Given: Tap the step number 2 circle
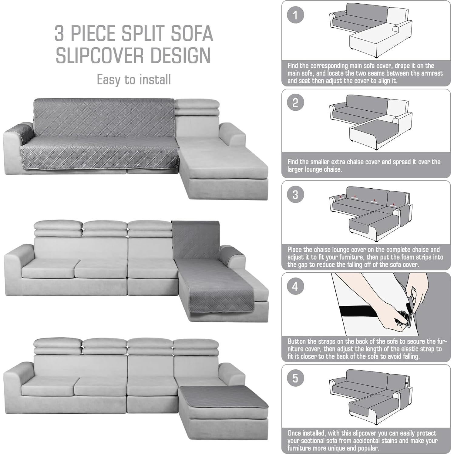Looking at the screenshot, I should (295, 103).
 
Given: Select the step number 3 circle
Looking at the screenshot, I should (295, 194).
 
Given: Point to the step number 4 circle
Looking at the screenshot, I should (295, 286).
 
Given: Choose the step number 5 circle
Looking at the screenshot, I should (295, 378).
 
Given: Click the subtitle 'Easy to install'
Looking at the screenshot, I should (134, 80).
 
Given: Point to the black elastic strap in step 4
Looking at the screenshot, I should (364, 311).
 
